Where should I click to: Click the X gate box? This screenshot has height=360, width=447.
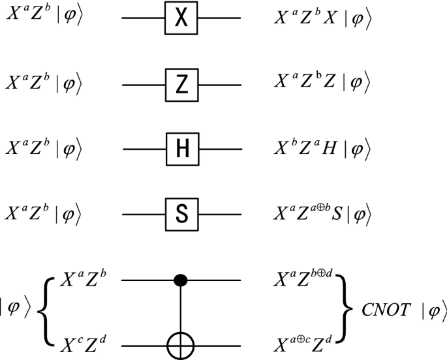(181, 20)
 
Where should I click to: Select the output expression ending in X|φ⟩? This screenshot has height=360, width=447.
(323, 20)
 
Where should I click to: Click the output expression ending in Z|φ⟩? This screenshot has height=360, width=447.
(323, 83)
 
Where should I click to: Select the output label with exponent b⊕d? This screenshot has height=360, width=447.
(304, 280)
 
